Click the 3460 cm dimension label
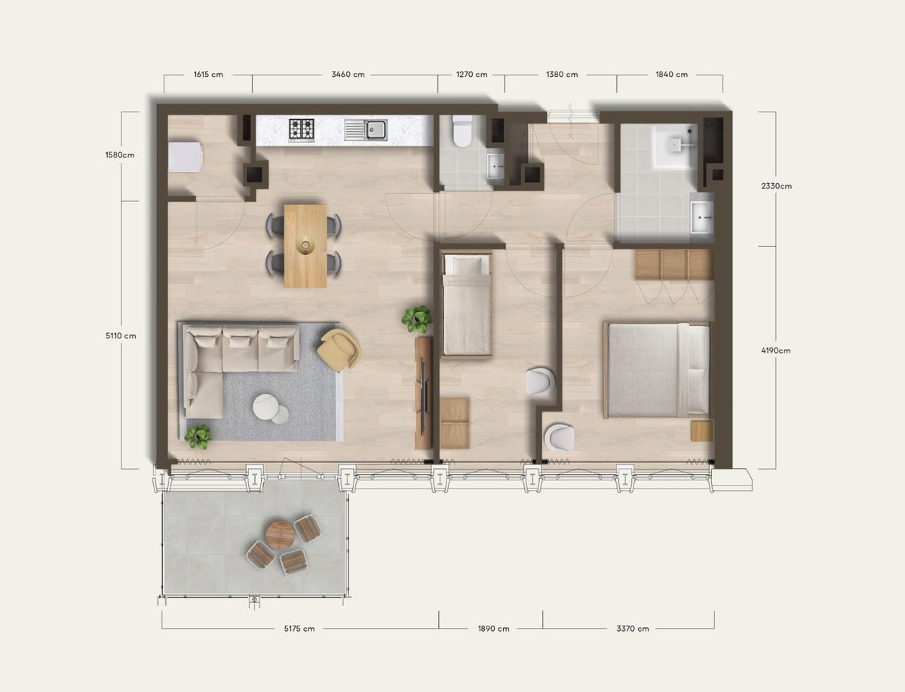pyautogui.click(x=348, y=75)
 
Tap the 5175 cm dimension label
pyautogui.click(x=299, y=629)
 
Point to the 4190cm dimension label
pyautogui.click(x=775, y=351)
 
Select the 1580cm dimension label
pyautogui.click(x=120, y=156)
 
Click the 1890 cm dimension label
pyautogui.click(x=493, y=629)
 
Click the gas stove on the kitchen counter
pyautogui.click(x=302, y=130)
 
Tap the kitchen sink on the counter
pyautogui.click(x=367, y=130)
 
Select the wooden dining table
pyautogui.click(x=305, y=246)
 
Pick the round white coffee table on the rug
pyautogui.click(x=266, y=406)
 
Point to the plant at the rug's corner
pyautogui.click(x=198, y=436)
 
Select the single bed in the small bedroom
pyautogui.click(x=466, y=305)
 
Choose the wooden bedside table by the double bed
pyautogui.click(x=701, y=430)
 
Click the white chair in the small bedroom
pyautogui.click(x=541, y=382)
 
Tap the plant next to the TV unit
pyautogui.click(x=416, y=319)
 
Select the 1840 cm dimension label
pyautogui.click(x=671, y=75)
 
